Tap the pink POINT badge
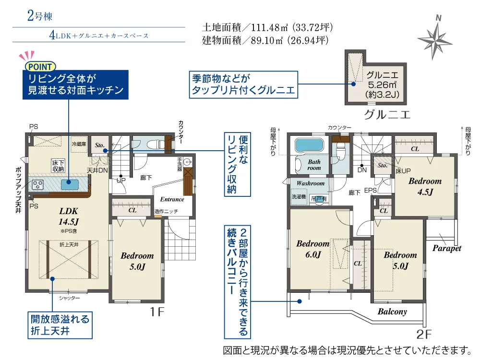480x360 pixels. click(40, 66)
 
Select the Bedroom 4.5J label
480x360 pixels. click(425, 186)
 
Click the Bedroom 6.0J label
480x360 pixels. click(313, 249)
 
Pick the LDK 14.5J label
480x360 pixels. click(69, 216)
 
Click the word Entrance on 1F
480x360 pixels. click(172, 199)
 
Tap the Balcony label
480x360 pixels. click(392, 312)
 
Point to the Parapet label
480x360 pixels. click(446, 248)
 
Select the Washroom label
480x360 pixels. click(311, 183)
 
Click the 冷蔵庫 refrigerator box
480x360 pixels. click(79, 144)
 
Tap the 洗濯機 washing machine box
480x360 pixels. click(299, 197)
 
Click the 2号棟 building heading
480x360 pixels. click(40, 16)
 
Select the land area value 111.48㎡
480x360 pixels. click(269, 27)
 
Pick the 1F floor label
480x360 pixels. click(157, 312)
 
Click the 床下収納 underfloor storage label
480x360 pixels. click(58, 166)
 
